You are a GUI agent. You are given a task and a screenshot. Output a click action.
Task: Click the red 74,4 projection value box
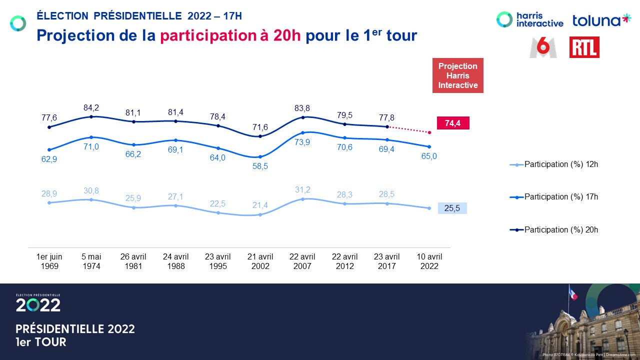(x=453, y=123)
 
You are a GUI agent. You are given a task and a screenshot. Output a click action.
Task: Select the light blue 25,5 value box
(x=452, y=208)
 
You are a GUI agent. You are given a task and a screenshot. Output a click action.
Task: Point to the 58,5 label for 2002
(x=260, y=166)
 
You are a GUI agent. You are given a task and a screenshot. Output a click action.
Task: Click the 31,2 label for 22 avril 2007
(x=302, y=189)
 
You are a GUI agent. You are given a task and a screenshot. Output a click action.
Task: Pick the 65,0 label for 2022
(x=428, y=156)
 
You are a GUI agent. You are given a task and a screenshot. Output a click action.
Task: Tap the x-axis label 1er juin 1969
(x=49, y=261)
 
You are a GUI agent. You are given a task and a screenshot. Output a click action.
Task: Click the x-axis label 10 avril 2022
(x=428, y=261)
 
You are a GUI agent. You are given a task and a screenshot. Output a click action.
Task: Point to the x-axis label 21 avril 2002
(x=260, y=261)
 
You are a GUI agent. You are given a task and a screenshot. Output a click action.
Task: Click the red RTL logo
(x=584, y=47)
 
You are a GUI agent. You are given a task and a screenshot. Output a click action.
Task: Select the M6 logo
(x=543, y=47)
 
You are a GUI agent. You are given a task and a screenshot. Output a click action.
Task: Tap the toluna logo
(x=601, y=20)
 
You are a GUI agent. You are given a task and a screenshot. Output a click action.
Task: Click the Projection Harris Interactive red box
(x=457, y=76)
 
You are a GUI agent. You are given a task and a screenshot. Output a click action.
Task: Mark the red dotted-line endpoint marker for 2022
(x=429, y=132)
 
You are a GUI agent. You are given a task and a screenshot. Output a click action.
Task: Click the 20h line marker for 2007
(x=302, y=117)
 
